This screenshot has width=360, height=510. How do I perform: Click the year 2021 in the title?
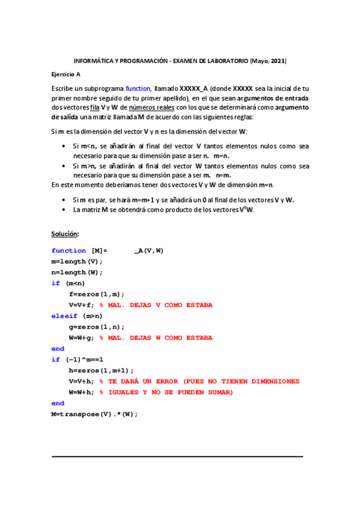point(278,61)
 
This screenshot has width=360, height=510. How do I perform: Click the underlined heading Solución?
point(65,234)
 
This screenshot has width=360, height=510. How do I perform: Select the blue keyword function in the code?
point(69,251)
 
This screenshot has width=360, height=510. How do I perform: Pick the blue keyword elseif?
point(64,316)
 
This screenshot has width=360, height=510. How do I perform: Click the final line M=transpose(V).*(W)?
point(94,414)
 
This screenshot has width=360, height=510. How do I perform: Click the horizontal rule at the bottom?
point(177,456)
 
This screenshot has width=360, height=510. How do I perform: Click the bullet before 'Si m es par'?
point(64,200)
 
